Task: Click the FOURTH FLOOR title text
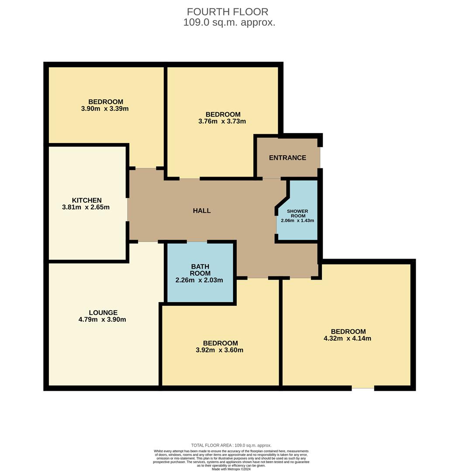click(228, 12)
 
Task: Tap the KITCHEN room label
click(86, 200)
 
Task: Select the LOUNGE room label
click(103, 313)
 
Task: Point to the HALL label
click(202, 211)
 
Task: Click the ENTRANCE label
click(287, 158)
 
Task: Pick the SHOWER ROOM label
click(297, 213)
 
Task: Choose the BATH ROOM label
click(200, 270)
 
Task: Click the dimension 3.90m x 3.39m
click(105, 109)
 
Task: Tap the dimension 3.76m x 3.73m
click(222, 121)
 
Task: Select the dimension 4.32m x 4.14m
click(347, 338)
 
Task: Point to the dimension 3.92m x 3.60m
click(220, 350)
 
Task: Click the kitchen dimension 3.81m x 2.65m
click(86, 207)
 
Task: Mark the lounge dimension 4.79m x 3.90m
click(102, 320)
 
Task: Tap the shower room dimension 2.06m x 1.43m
click(297, 221)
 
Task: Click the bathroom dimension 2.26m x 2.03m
click(199, 280)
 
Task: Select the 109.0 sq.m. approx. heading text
click(229, 23)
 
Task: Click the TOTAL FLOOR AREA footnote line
click(231, 445)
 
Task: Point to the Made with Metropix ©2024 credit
click(231, 469)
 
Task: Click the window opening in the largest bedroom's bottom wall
click(363, 388)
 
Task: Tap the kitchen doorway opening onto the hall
click(128, 210)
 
